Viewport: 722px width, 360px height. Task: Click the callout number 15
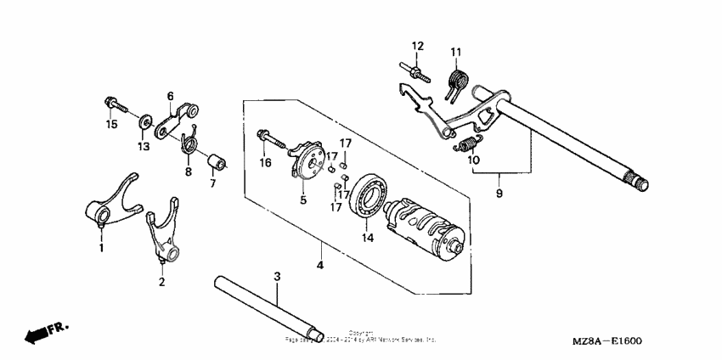tap(110, 126)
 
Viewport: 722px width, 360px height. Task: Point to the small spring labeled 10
tap(468, 144)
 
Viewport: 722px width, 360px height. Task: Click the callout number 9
tap(499, 194)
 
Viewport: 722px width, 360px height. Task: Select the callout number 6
tap(170, 96)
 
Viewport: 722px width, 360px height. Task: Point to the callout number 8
tap(189, 172)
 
